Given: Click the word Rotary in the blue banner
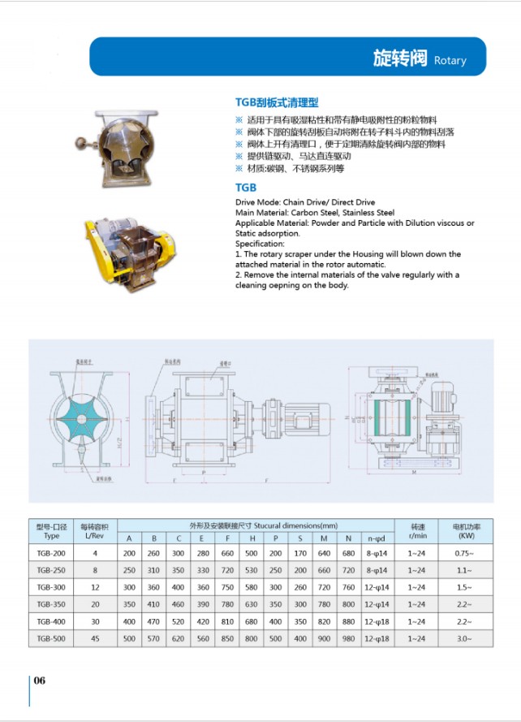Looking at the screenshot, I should pos(450,61).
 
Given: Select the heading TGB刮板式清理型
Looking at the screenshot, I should pos(277,103).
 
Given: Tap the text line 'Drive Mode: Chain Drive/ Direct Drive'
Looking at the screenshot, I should pos(305,201).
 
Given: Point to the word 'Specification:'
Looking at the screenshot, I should pos(260,244).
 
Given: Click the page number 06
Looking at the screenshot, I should pos(40,681).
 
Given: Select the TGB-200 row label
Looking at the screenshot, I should pos(52,553).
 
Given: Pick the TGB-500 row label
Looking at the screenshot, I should pos(52,639).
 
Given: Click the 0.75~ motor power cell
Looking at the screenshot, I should pos(466,553).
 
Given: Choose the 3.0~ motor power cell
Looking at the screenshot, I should pos(466,639).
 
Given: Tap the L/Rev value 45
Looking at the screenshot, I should pos(95,639).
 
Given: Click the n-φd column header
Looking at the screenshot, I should pos(376,538).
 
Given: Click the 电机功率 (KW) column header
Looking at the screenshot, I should pos(466,531).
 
